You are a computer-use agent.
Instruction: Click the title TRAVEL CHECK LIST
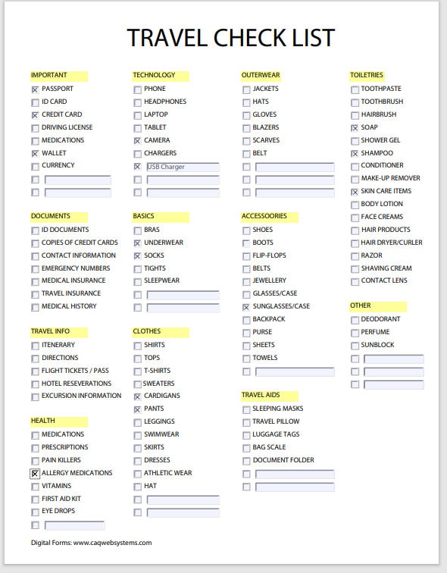pyautogui.click(x=230, y=37)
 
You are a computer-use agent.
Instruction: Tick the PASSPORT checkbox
pyautogui.click(x=35, y=89)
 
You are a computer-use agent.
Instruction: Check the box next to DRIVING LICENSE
pyautogui.click(x=35, y=128)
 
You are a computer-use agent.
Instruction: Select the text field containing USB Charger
pyautogui.click(x=182, y=167)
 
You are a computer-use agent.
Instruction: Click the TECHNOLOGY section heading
pyautogui.click(x=154, y=75)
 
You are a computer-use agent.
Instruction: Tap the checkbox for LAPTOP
pyautogui.click(x=137, y=115)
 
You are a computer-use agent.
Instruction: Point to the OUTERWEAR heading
pyautogui.click(x=261, y=75)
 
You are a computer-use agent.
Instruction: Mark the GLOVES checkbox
pyautogui.click(x=246, y=115)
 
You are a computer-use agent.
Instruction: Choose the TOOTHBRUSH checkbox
pyautogui.click(x=355, y=102)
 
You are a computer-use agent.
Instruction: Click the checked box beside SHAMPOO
pyautogui.click(x=355, y=154)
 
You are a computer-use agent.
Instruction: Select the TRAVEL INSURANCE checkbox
pyautogui.click(x=35, y=294)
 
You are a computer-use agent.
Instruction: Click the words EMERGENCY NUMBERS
pyautogui.click(x=75, y=268)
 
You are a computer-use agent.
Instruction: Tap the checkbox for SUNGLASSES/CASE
pyautogui.click(x=246, y=307)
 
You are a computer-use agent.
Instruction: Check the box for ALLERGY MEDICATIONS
pyautogui.click(x=35, y=474)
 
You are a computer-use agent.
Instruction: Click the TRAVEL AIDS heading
pyautogui.click(x=261, y=396)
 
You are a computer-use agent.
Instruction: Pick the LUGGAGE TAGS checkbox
pyautogui.click(x=246, y=435)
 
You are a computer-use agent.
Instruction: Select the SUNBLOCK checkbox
pyautogui.click(x=355, y=346)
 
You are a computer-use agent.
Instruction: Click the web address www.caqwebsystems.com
pyautogui.click(x=112, y=543)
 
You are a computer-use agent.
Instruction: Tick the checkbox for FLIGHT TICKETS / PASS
pyautogui.click(x=35, y=371)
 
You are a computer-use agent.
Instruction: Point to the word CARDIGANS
pyautogui.click(x=161, y=396)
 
